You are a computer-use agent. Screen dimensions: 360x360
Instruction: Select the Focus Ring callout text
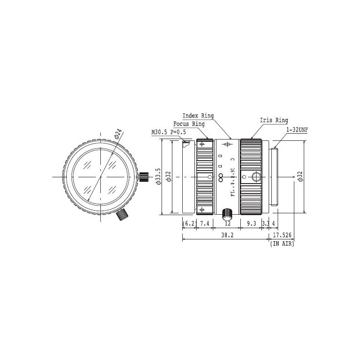point(189,124)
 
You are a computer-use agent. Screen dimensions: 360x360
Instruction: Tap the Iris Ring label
point(274,120)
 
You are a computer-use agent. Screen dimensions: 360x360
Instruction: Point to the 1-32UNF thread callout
point(297,130)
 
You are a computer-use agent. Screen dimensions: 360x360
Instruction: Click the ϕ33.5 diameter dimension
point(157,177)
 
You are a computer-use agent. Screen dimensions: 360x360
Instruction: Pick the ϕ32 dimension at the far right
point(300,177)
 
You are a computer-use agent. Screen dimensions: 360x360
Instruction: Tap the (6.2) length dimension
point(189,223)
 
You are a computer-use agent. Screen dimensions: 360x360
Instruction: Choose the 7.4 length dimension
point(205,223)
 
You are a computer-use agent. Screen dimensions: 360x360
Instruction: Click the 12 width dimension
point(227,223)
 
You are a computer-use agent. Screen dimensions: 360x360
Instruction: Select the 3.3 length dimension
point(265,223)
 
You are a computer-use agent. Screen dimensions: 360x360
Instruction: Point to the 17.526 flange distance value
point(282,235)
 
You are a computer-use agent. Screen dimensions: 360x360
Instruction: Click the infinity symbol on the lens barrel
point(221,177)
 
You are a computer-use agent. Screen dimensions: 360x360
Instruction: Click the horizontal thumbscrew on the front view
point(144,176)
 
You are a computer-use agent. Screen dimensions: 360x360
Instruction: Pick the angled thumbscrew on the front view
point(121,215)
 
